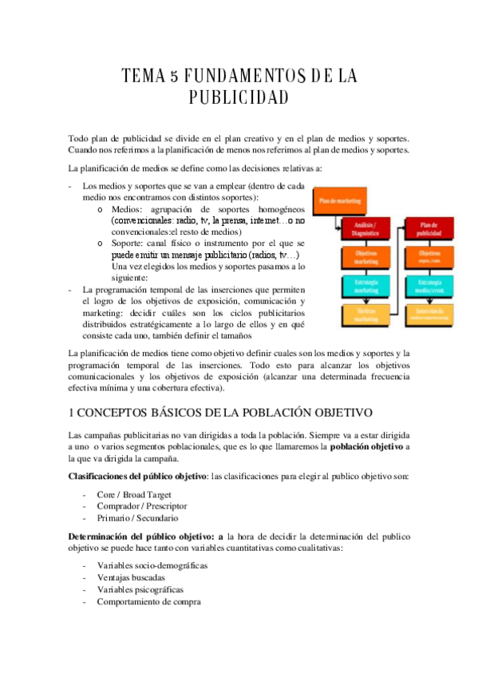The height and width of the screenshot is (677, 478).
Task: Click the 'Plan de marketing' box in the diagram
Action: pyautogui.click(x=334, y=202)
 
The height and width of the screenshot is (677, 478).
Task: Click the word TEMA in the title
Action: pyautogui.click(x=142, y=77)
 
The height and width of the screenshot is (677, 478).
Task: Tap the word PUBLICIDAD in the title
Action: pyautogui.click(x=238, y=98)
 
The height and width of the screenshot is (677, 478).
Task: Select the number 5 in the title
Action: pyautogui.click(x=174, y=77)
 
